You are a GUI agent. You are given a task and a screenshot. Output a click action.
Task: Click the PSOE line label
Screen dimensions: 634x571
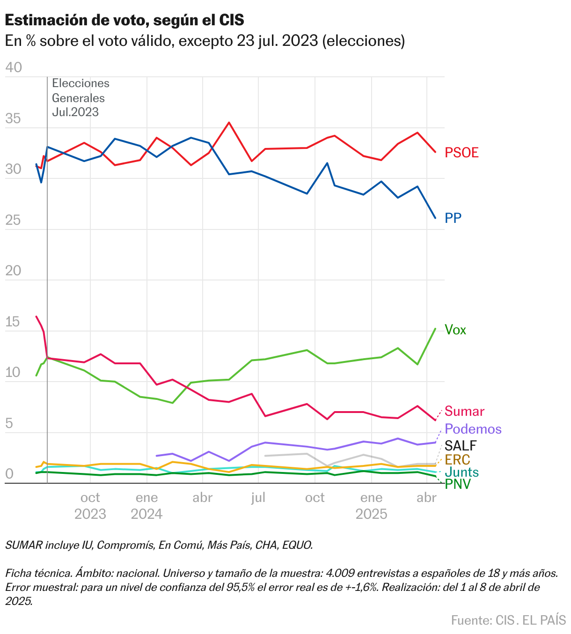tap(461, 153)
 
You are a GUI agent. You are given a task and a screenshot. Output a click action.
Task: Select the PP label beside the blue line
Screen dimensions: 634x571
tap(453, 218)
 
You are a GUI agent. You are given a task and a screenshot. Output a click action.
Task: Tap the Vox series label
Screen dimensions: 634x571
tap(455, 330)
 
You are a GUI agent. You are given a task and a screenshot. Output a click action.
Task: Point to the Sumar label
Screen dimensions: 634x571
tap(464, 411)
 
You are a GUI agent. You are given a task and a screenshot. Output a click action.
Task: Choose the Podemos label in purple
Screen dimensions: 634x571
tap(473, 429)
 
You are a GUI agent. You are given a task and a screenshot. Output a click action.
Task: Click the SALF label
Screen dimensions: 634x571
tap(461, 445)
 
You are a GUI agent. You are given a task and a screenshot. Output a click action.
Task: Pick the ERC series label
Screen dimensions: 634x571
tap(457, 459)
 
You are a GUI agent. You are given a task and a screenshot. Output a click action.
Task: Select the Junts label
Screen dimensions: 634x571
tap(461, 472)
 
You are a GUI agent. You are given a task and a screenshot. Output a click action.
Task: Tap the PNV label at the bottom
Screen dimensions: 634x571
tap(458, 484)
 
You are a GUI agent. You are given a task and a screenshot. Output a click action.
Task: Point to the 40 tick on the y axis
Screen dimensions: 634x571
tap(13, 67)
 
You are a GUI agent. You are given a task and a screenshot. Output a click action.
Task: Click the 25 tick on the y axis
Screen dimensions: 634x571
tap(13, 220)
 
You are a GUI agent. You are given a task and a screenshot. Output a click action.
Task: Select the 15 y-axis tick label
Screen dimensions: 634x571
tap(13, 322)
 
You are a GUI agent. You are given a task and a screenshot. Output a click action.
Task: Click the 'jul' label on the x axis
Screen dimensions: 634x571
tap(258, 497)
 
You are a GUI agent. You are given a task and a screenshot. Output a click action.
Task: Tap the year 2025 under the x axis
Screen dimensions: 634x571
tap(371, 514)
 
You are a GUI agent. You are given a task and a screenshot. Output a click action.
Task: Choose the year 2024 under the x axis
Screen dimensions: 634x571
tap(146, 514)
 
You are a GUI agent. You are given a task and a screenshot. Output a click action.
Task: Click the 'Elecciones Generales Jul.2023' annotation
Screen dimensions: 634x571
tap(81, 97)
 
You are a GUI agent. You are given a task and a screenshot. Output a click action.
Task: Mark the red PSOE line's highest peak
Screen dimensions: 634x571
tap(229, 123)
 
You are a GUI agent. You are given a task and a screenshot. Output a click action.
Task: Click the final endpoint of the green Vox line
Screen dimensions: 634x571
tap(435, 329)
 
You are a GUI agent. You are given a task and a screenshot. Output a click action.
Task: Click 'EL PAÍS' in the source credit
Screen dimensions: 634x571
tap(544, 620)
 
